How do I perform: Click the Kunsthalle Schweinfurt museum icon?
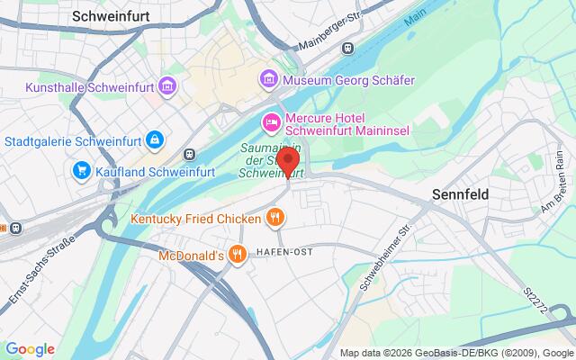click(x=166, y=86)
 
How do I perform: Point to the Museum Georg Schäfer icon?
click(x=268, y=80)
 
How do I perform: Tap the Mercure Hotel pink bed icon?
click(x=270, y=121)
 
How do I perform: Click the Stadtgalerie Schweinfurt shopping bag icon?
click(x=156, y=140)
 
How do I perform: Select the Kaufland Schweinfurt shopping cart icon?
click(x=81, y=169)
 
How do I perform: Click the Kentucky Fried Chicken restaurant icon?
click(x=274, y=217)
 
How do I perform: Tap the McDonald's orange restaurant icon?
click(x=237, y=255)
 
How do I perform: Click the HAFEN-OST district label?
click(x=284, y=252)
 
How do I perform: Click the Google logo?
click(x=30, y=349)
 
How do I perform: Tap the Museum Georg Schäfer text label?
click(x=348, y=80)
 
